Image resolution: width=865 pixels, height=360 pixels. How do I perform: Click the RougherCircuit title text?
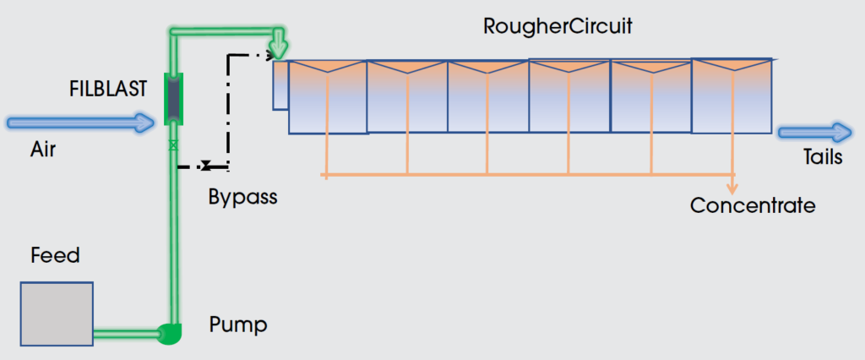click(x=558, y=25)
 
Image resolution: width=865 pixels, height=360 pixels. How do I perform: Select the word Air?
click(x=43, y=149)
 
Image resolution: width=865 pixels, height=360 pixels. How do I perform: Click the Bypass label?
click(x=243, y=199)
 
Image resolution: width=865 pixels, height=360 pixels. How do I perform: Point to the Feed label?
click(x=55, y=255)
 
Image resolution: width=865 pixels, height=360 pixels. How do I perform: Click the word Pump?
click(x=238, y=324)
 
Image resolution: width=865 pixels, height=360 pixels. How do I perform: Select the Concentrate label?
click(x=753, y=205)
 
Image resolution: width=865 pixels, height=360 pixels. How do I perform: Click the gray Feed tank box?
click(x=57, y=314)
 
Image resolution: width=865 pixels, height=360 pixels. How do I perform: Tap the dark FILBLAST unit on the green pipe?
click(x=173, y=99)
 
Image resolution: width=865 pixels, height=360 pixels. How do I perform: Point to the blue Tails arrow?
click(x=815, y=132)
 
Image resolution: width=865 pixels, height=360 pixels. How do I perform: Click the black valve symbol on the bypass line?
click(x=205, y=166)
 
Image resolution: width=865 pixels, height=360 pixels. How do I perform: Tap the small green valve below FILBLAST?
click(x=173, y=145)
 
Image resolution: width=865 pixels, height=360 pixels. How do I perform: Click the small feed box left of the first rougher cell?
click(x=280, y=85)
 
